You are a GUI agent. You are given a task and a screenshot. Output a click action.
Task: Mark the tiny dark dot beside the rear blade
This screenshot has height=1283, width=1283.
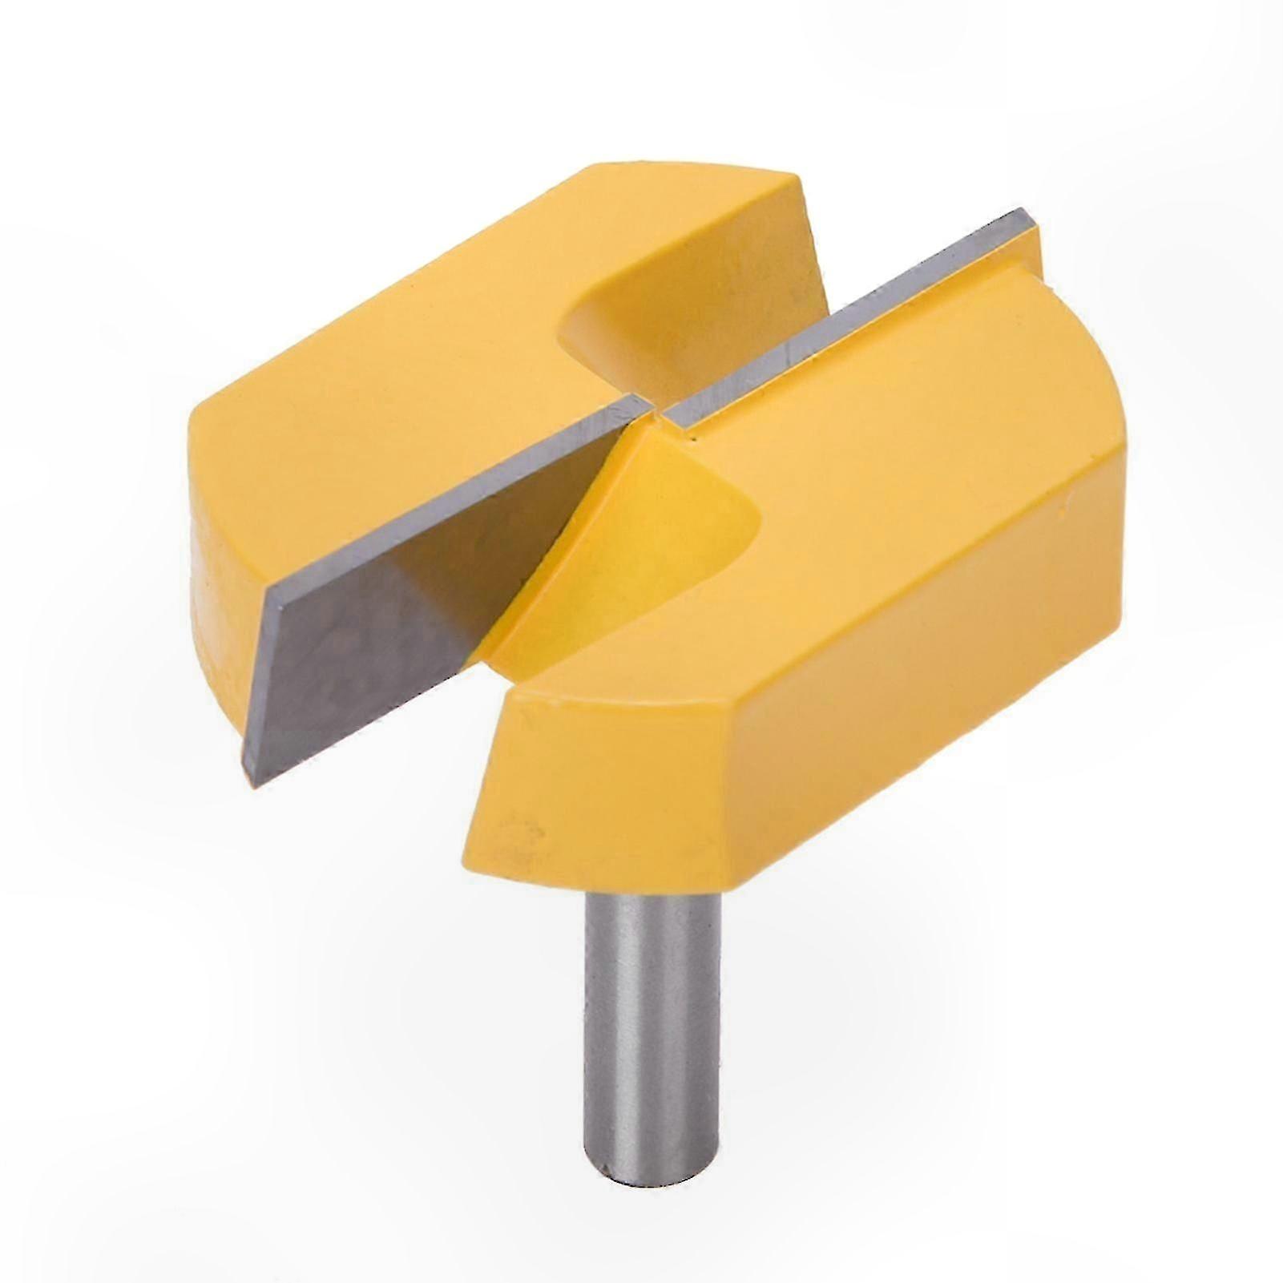click(688, 438)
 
